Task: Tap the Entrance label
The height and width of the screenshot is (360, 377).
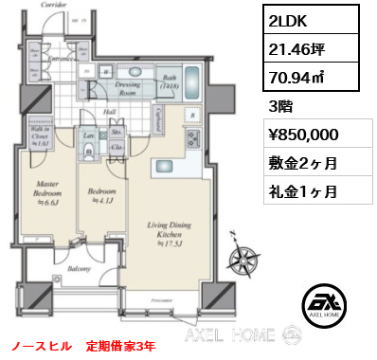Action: pos(60,59)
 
